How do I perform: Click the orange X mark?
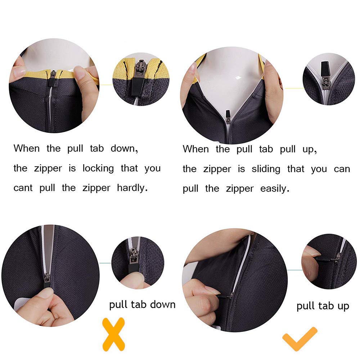click(113, 334)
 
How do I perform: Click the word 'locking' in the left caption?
click(98, 168)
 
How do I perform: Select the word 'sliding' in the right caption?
click(266, 169)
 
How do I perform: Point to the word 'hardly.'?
click(132, 188)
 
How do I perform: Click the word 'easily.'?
click(275, 189)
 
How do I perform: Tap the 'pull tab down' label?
click(142, 305)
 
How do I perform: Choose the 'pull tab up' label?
click(323, 306)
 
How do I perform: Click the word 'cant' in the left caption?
click(23, 188)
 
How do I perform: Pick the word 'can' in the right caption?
click(342, 169)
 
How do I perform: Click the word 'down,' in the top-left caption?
click(124, 149)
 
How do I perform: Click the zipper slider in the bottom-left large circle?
click(46, 277)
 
